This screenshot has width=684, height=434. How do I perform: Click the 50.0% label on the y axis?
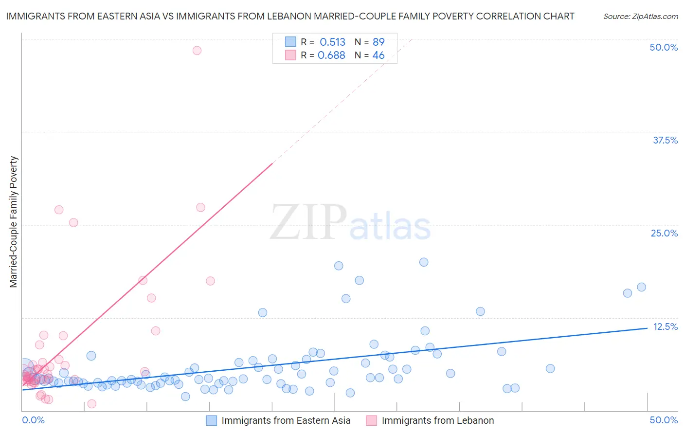pyautogui.click(x=664, y=47)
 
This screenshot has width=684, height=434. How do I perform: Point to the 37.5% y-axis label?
pyautogui.click(x=665, y=140)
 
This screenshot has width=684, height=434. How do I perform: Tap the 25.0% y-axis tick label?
pyautogui.click(x=664, y=233)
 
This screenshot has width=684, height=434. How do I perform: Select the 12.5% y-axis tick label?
pyautogui.click(x=665, y=326)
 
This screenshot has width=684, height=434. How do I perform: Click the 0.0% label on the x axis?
pyautogui.click(x=33, y=420)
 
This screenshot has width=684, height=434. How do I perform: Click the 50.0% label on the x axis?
pyautogui.click(x=664, y=420)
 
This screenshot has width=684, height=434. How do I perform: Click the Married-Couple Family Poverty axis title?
pyautogui.click(x=14, y=221)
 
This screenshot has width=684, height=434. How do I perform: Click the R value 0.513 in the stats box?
pyautogui.click(x=332, y=42)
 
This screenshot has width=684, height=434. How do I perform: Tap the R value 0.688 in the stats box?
pyautogui.click(x=331, y=55)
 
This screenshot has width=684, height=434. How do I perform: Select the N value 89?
pyautogui.click(x=378, y=42)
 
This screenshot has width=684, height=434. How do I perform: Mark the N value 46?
pyautogui.click(x=378, y=55)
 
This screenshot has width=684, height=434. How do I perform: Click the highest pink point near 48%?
pyautogui.click(x=197, y=50)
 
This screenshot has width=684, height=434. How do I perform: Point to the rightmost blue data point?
pyautogui.click(x=642, y=287)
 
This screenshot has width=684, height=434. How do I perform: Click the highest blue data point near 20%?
pyautogui.click(x=424, y=262)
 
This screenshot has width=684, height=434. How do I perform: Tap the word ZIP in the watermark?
pyautogui.click(x=308, y=222)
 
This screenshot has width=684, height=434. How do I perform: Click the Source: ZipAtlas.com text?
pyautogui.click(x=640, y=16)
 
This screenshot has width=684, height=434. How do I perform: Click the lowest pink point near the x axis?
pyautogui.click(x=91, y=404)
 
